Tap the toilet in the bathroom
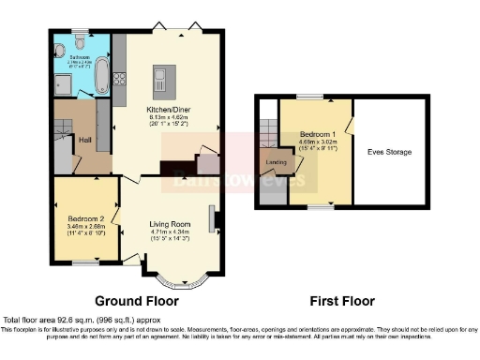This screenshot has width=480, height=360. tap(78, 42)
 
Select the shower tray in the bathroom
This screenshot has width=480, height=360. tap(64, 81)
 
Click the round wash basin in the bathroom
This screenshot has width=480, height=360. tap(60, 43)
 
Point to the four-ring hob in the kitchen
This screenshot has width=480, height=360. tap(118, 79)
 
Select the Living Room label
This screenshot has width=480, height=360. tap(169, 224)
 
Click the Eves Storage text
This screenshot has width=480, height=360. tap(389, 151)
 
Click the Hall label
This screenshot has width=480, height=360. tap(83, 140)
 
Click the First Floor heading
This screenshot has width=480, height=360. tap(342, 301)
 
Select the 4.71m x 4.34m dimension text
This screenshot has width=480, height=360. tap(169, 232)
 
